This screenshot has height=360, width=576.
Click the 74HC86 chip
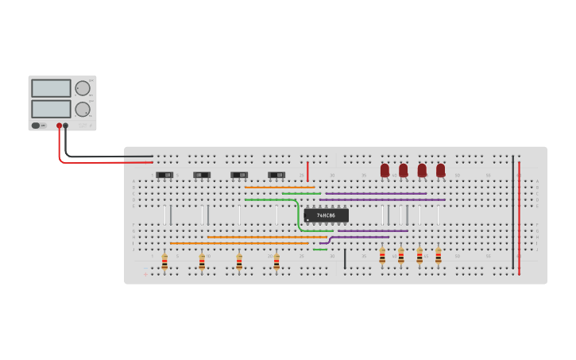[x=326, y=215]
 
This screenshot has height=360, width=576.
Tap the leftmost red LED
[x=385, y=170]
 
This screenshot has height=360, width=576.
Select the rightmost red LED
[x=441, y=170]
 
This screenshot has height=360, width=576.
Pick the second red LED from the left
[x=404, y=170]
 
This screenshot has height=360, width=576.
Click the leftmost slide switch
[x=164, y=175]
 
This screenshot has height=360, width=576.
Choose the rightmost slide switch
[x=276, y=175]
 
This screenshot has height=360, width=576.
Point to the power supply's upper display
[x=51, y=88]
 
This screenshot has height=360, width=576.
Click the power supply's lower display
[x=51, y=108]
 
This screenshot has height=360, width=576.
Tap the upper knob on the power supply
[x=83, y=88]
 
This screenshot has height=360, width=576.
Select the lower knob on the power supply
[x=83, y=109]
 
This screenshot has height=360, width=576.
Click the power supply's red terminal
[x=59, y=126]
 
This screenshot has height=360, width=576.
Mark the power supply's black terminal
[x=66, y=126]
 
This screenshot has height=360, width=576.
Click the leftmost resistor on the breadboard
[x=164, y=261]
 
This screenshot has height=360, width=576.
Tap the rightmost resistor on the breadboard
[x=438, y=256]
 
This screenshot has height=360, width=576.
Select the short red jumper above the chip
[x=307, y=170]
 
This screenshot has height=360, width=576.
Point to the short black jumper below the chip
[x=345, y=258]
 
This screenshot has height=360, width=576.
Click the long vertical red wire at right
[x=520, y=215]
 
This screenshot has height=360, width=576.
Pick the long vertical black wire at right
[x=513, y=211]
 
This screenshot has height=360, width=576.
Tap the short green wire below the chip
[x=320, y=250]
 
